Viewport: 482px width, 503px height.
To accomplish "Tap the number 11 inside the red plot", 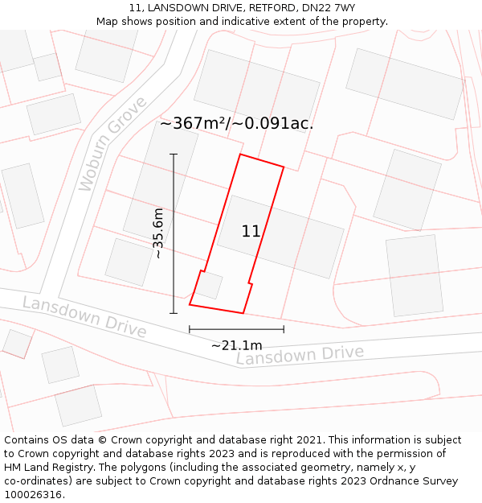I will tap(251, 232).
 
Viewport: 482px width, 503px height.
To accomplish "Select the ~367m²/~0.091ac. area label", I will tap(236, 124).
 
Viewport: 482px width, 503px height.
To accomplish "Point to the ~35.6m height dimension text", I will tap(158, 233).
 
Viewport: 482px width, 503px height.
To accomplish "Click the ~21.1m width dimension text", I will tap(236, 345).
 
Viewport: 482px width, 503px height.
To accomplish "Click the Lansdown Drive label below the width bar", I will tap(300, 355).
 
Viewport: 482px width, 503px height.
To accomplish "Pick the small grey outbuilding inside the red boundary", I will tap(210, 286).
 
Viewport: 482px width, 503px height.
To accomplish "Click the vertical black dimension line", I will tap(174, 233).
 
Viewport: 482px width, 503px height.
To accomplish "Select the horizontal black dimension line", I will tap(236, 329).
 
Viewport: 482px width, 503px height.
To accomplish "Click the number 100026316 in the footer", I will tap(33, 495).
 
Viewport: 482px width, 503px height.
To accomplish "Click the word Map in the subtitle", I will tap(107, 22).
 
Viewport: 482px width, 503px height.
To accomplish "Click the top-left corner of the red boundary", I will tap(240, 155).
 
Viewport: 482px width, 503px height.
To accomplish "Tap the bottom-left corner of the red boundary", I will tap(190, 304).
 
